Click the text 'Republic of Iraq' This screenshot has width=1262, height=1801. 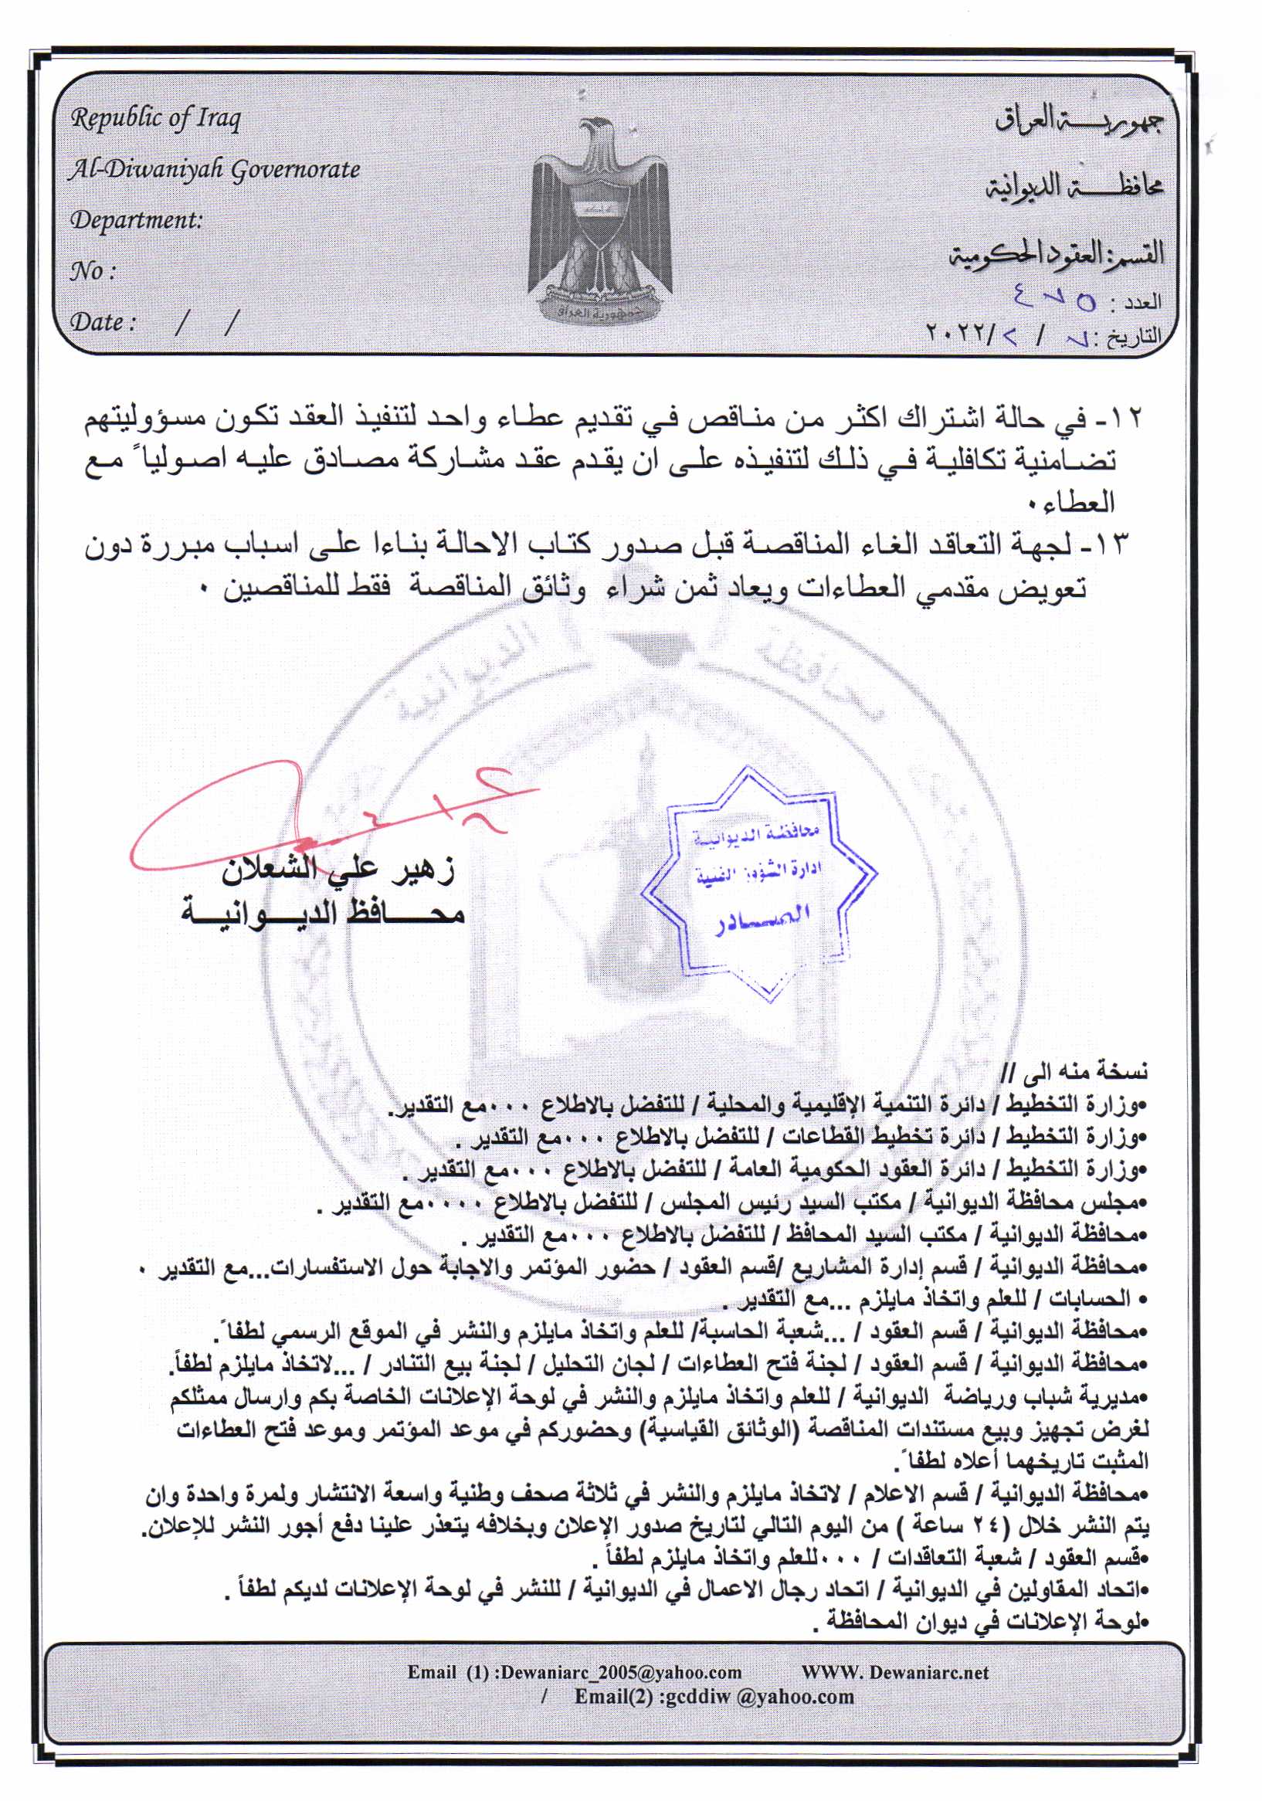click(155, 118)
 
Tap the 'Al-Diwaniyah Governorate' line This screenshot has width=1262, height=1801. click(214, 169)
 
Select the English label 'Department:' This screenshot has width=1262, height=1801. click(136, 219)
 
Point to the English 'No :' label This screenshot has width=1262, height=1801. click(93, 271)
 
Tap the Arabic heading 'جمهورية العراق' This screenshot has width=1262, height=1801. click(1079, 119)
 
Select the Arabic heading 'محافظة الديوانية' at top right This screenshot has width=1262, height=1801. click(1074, 187)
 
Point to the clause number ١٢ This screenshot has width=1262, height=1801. click(1127, 419)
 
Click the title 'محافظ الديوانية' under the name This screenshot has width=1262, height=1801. click(323, 912)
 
